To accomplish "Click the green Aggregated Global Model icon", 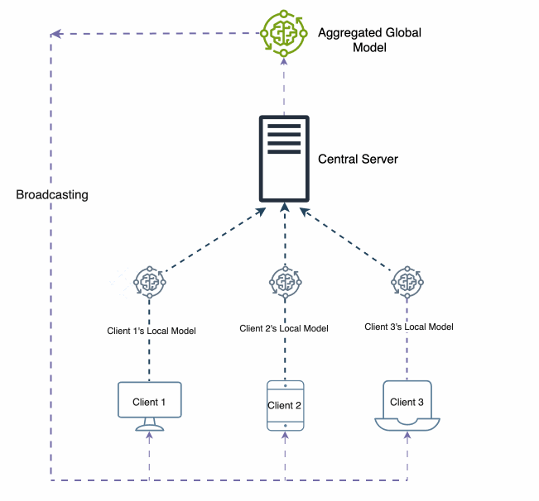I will (x=284, y=33).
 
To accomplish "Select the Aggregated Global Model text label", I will (x=369, y=40).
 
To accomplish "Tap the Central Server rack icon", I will (x=284, y=159).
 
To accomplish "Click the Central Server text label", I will (x=358, y=158).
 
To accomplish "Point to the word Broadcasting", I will (x=52, y=195).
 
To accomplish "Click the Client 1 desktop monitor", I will (x=150, y=403).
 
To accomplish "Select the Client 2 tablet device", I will (x=285, y=405).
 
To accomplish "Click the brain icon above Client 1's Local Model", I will (x=150, y=282).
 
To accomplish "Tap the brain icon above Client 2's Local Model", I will (x=285, y=281).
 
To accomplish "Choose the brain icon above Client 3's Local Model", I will (x=407, y=281).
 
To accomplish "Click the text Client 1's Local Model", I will (x=152, y=331).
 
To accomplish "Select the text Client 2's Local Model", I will (x=284, y=328).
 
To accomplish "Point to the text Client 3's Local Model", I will (x=409, y=327).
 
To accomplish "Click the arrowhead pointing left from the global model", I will (x=55, y=34).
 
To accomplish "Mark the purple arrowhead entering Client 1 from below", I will (x=150, y=438).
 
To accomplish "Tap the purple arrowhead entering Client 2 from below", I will (x=285, y=438).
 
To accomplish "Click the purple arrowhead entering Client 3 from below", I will (x=407, y=438).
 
